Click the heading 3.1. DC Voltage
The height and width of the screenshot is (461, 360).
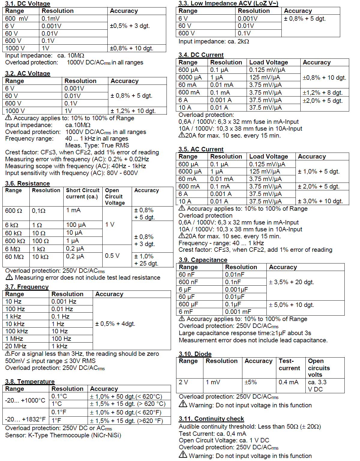28,4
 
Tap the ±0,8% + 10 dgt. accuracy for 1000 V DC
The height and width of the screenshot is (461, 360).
131,48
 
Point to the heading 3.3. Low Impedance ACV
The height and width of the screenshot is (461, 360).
228,3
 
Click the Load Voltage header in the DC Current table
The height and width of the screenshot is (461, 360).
268,62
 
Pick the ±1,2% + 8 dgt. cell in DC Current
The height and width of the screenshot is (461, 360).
322,93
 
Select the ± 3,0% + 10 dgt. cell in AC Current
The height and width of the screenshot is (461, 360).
320,201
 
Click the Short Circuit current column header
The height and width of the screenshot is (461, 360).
82,194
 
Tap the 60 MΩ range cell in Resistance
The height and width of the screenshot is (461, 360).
14,257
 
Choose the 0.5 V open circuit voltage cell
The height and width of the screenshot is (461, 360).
112,256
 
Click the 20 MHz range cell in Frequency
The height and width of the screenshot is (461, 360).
16,346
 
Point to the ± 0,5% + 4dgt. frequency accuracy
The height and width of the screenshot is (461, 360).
115,324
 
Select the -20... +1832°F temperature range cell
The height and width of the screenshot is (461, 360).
25,419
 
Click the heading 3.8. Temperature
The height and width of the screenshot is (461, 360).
30,382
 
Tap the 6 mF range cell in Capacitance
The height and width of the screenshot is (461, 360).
186,312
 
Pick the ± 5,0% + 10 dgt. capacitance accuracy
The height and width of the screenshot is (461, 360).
291,305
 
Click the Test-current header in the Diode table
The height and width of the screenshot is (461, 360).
289,364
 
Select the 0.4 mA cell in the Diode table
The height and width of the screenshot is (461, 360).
288,382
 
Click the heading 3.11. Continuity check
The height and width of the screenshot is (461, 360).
211,419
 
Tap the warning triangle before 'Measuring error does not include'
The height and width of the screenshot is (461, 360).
9,277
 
